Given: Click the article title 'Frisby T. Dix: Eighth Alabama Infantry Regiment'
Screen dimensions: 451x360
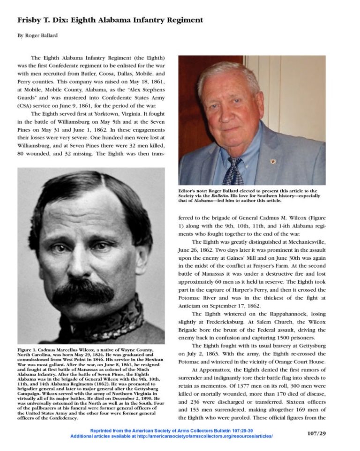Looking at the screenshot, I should (x=110, y=20).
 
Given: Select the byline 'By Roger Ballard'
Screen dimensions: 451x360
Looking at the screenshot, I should (x=38, y=36).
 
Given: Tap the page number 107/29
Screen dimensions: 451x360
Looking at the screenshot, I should (x=316, y=433).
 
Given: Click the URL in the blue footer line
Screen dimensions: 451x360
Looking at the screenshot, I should (x=209, y=436).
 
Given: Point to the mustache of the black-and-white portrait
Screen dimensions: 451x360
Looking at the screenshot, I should (x=83, y=291).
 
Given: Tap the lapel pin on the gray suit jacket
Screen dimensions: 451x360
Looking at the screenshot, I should (x=273, y=161).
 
